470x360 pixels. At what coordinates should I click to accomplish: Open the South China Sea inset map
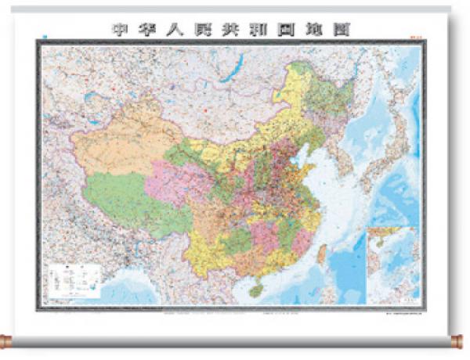coord(394,262)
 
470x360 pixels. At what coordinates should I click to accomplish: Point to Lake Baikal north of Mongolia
coord(228,74)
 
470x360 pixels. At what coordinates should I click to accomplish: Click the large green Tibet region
coord(125,196)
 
